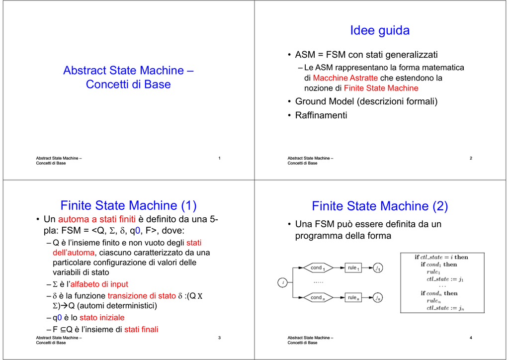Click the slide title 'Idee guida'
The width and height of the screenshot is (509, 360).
point(379,30)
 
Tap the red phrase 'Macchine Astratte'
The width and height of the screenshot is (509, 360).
point(345,78)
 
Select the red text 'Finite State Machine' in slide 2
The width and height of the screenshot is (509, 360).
point(381,89)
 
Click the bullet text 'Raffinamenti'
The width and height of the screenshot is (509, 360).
point(321,115)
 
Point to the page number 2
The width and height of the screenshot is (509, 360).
point(471,158)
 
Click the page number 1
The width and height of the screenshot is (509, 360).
point(219,158)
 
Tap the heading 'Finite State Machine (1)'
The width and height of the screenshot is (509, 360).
point(129,205)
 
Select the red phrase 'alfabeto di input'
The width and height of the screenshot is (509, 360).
point(99,284)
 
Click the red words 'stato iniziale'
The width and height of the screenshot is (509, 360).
point(102,317)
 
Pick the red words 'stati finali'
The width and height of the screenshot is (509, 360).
point(141,330)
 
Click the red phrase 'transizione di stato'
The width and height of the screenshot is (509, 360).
point(142,296)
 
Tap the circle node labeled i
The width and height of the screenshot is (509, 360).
point(282,282)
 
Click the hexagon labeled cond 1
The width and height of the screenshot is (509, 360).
point(318,268)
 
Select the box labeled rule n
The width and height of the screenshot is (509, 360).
point(353,297)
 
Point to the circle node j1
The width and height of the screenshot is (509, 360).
point(378,268)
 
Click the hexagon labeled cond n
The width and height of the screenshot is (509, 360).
point(318,297)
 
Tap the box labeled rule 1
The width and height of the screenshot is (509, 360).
point(353,268)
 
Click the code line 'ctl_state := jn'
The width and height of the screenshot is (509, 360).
point(445,308)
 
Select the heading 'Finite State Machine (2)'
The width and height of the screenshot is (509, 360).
point(380,206)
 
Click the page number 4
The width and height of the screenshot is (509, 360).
point(471,338)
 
